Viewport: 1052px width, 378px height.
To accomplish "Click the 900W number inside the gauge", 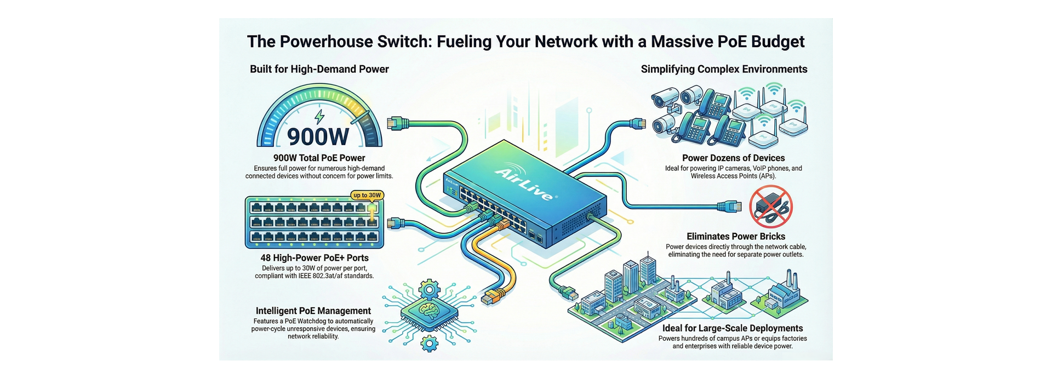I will (318, 136).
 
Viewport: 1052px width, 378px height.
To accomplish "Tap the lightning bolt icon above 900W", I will (319, 117).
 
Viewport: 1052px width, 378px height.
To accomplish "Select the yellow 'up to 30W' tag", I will (367, 195).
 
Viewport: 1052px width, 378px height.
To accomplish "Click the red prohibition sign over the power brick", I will (771, 207).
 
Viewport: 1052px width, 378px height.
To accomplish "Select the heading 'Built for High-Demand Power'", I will (319, 69).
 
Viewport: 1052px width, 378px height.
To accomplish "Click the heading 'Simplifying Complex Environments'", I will (724, 69).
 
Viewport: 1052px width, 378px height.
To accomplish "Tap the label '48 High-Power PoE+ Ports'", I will (315, 257).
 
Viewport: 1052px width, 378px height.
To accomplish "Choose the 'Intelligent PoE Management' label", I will (313, 311).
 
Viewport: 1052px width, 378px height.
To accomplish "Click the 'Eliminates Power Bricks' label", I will (736, 236).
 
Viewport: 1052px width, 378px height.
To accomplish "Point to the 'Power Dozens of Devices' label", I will (733, 158).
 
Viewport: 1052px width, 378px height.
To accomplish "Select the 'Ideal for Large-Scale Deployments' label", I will (733, 328).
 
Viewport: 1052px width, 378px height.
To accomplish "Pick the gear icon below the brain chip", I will (429, 343).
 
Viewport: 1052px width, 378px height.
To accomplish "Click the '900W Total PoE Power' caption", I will (319, 158).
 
